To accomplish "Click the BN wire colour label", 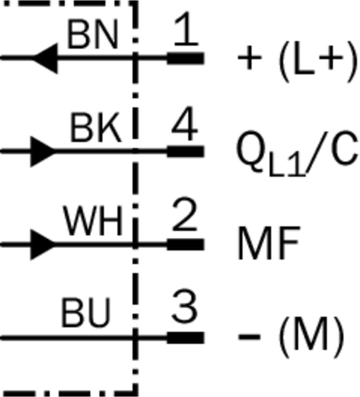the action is [x=93, y=35].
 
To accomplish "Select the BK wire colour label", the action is [x=95, y=128].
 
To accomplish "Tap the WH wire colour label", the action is [x=93, y=220].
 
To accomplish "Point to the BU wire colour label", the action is [x=86, y=313].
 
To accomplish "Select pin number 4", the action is [x=184, y=123].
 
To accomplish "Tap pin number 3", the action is [x=185, y=306].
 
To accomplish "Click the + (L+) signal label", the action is [x=298, y=62].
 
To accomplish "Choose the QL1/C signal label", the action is [x=297, y=153].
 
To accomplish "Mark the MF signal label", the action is [x=269, y=243].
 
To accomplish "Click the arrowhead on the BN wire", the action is [x=46, y=58].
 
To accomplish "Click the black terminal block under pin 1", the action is [x=185, y=58].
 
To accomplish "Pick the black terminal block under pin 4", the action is [x=185, y=151].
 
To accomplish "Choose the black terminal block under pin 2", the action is [x=185, y=245].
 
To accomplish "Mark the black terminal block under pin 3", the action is [x=185, y=338].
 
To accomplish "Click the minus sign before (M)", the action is [x=250, y=337].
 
